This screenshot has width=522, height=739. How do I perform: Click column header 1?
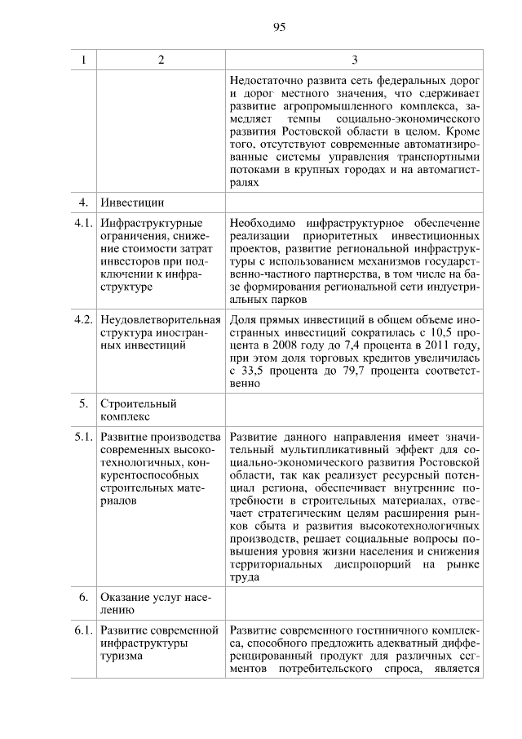[83, 60]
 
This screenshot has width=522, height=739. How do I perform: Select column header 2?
[161, 60]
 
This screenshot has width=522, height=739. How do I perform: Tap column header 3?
[354, 60]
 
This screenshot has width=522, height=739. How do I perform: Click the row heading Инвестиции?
[132, 201]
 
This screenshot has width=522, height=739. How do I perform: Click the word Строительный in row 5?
[138, 403]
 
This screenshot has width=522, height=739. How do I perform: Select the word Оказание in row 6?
[127, 597]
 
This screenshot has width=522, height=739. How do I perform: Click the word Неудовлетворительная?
[161, 318]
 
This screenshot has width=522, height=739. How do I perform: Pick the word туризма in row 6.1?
[122, 657]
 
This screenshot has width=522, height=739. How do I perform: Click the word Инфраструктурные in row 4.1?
[150, 223]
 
